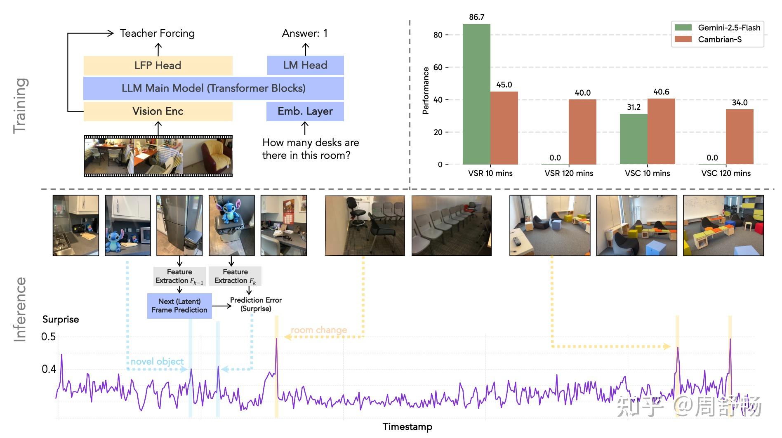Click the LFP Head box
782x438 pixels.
(x=158, y=66)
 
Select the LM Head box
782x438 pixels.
(x=305, y=65)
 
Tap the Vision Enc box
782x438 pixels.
(x=158, y=111)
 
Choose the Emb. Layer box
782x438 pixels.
(x=305, y=111)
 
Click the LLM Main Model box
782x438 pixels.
(x=214, y=88)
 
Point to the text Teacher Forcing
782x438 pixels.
(x=157, y=33)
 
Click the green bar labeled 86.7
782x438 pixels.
(x=476, y=94)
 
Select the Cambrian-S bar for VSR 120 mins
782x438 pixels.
(x=582, y=132)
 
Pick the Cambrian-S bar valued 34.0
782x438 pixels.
(x=740, y=137)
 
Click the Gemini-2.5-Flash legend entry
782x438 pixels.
(x=718, y=28)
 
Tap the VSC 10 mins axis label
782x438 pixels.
(x=648, y=173)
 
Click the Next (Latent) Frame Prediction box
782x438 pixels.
(x=179, y=306)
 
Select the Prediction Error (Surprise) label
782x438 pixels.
(x=256, y=304)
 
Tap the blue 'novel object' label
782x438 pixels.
(x=157, y=362)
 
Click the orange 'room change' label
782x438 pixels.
(x=319, y=330)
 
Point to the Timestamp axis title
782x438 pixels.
(x=407, y=427)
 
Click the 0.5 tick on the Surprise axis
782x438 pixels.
(x=49, y=337)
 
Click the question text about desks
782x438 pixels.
(x=311, y=149)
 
